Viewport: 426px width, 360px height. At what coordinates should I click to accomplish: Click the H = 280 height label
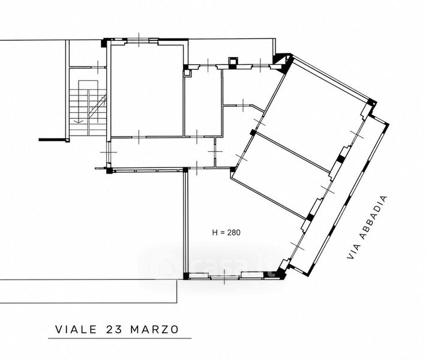[226, 233]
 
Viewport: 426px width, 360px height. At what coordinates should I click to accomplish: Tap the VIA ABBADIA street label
[367, 227]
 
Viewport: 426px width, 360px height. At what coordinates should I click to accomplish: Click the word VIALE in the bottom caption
[76, 329]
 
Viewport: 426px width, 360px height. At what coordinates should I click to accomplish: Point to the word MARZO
[155, 329]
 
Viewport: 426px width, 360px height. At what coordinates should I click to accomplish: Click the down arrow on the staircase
[79, 121]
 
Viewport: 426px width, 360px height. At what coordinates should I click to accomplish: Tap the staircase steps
[88, 112]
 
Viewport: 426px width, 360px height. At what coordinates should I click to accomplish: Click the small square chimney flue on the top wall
[233, 61]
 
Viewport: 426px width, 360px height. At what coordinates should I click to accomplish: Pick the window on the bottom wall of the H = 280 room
[224, 277]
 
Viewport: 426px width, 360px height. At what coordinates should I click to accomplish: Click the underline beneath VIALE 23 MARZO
[120, 338]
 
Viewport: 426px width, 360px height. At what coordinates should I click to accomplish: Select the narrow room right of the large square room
[203, 103]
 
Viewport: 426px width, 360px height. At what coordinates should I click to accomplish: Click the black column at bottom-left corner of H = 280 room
[186, 276]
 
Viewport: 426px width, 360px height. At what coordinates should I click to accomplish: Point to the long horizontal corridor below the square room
[163, 153]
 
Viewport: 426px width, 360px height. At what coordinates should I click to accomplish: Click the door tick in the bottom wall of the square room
[139, 137]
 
